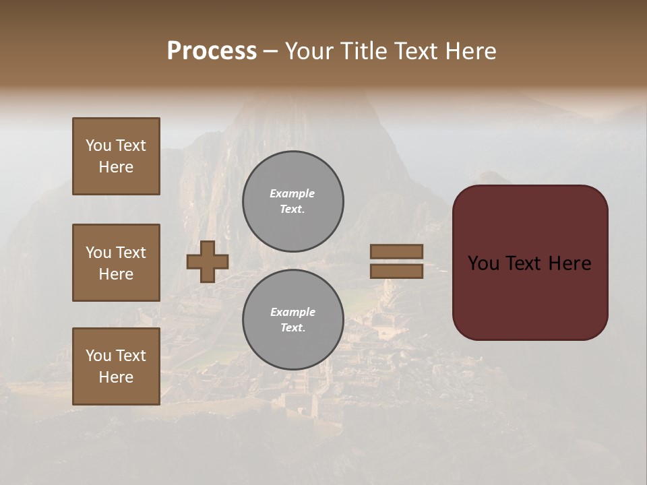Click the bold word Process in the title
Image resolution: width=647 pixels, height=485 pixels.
(212, 51)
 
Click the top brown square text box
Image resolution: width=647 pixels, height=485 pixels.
(116, 156)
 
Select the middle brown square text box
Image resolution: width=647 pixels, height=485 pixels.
(116, 263)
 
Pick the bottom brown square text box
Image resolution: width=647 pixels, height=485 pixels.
(116, 366)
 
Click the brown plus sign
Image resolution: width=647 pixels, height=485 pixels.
(208, 262)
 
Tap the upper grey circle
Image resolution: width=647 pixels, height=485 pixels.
(293, 201)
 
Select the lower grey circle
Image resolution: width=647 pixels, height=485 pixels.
(293, 320)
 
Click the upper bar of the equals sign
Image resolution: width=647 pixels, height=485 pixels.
(396, 252)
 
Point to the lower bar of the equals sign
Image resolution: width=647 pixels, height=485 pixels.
(396, 271)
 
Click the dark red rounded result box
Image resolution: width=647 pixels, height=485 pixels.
(530, 263)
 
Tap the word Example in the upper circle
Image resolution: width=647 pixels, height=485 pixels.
(292, 193)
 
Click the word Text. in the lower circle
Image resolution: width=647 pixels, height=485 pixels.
(292, 328)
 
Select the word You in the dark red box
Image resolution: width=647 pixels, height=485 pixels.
(484, 263)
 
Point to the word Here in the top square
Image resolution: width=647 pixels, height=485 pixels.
(116, 167)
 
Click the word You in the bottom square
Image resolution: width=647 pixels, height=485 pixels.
(99, 356)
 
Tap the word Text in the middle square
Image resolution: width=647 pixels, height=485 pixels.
(131, 253)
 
